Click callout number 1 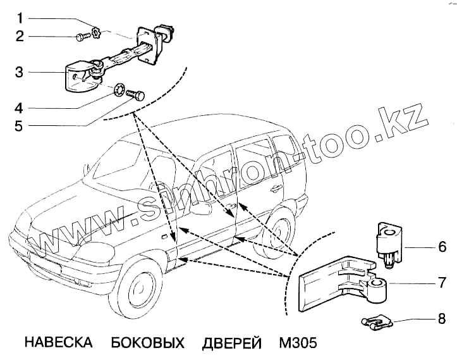(x=20, y=15)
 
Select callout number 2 (x=20, y=36)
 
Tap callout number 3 (x=20, y=72)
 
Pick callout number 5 (x=20, y=126)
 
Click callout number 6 (x=442, y=245)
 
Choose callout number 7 (x=442, y=281)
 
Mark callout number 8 (x=442, y=318)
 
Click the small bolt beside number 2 (x=82, y=37)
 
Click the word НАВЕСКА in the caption (x=58, y=343)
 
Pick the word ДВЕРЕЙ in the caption (x=232, y=343)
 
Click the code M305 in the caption (x=297, y=343)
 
